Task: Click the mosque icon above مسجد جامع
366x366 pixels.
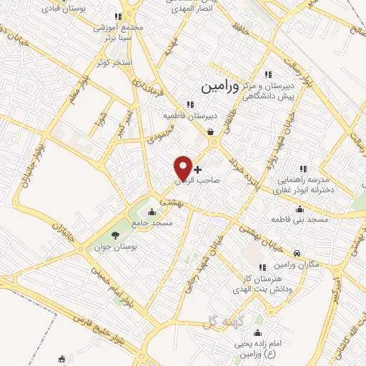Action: tap(151, 212)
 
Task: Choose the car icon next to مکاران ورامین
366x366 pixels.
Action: tap(296, 252)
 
